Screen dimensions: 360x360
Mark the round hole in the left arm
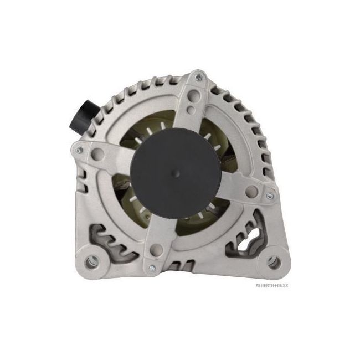[101, 151]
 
